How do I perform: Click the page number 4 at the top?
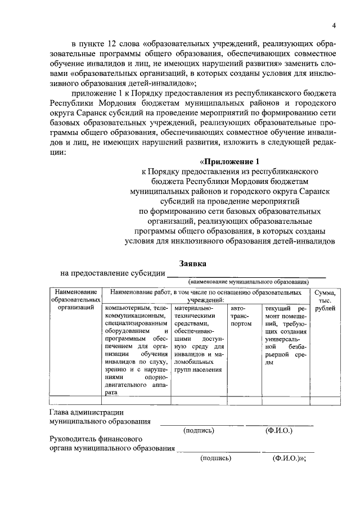[x=334, y=25]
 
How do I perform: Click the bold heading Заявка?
[x=192, y=263]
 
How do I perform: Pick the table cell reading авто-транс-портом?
[x=241, y=316]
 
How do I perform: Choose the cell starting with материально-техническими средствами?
[x=198, y=340]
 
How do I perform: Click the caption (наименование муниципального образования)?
[x=248, y=281]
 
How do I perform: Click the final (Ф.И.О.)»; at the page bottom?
[x=289, y=458]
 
